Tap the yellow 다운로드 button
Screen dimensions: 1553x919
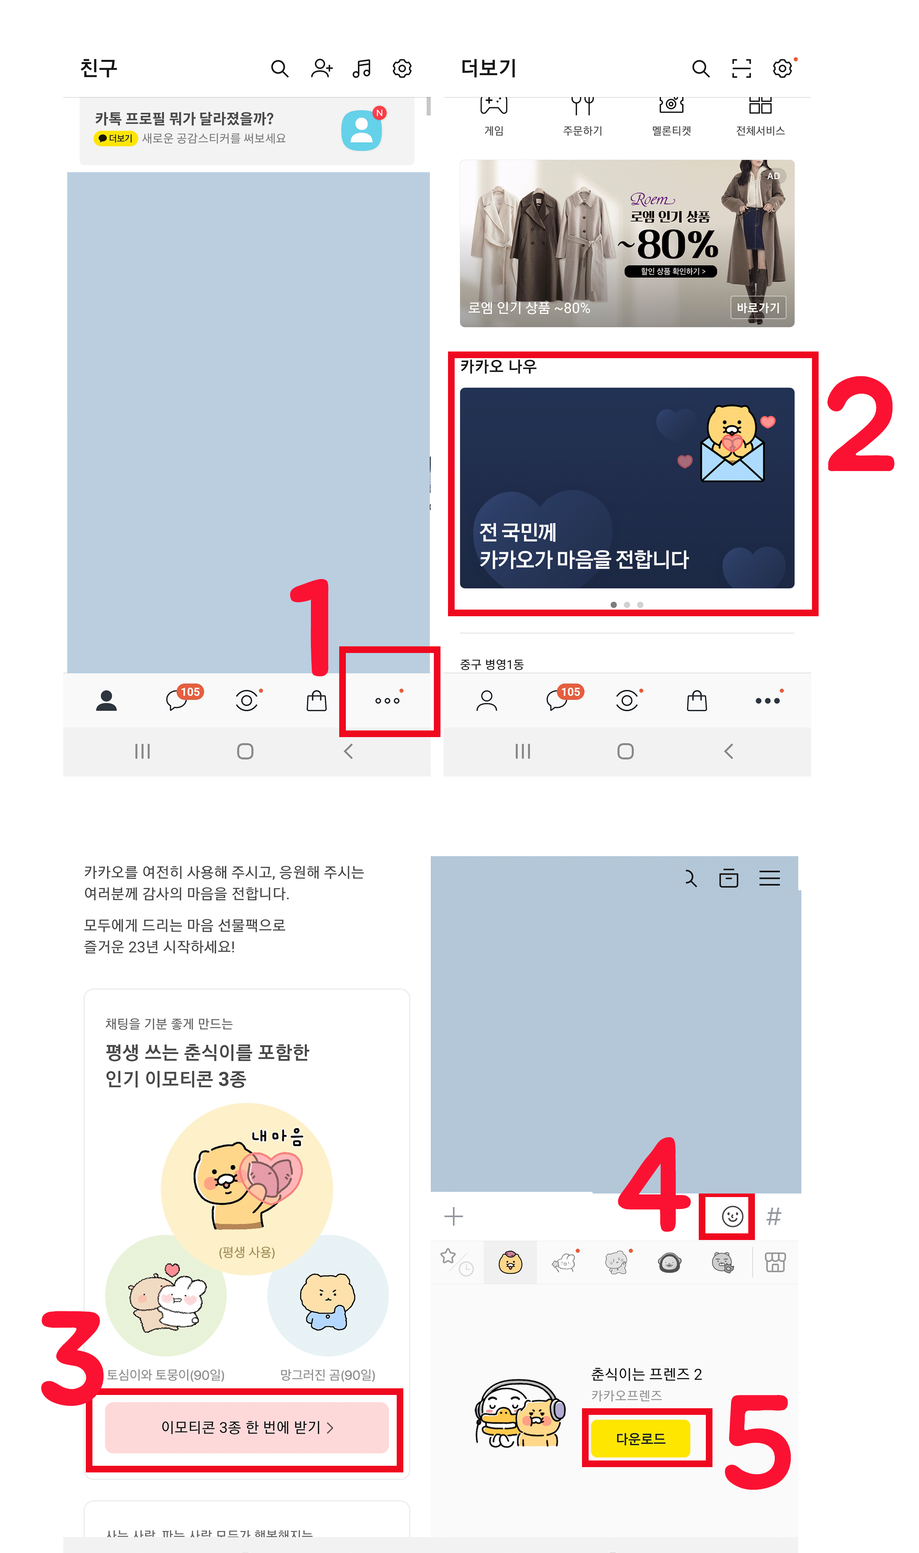[x=640, y=1438]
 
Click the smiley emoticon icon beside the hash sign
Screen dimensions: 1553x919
[x=732, y=1216]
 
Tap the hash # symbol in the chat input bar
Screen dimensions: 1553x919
[x=773, y=1216]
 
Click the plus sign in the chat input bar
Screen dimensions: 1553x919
[x=453, y=1216]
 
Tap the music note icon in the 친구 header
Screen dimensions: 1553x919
[x=362, y=68]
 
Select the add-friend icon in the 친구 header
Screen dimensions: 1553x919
[x=322, y=68]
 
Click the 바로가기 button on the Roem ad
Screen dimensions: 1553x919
[x=758, y=307]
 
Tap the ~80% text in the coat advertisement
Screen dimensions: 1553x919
[x=670, y=245]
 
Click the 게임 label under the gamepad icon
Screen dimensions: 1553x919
[x=494, y=131]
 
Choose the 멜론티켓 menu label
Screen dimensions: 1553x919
[x=671, y=131]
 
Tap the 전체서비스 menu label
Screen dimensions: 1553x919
[x=760, y=131]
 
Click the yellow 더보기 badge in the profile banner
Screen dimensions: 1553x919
[x=116, y=138]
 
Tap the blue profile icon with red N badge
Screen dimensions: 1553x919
[x=362, y=130]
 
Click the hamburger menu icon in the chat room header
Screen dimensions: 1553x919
[x=769, y=878]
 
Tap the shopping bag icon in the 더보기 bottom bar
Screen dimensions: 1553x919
[x=697, y=701]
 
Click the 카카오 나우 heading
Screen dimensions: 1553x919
[x=498, y=366]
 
